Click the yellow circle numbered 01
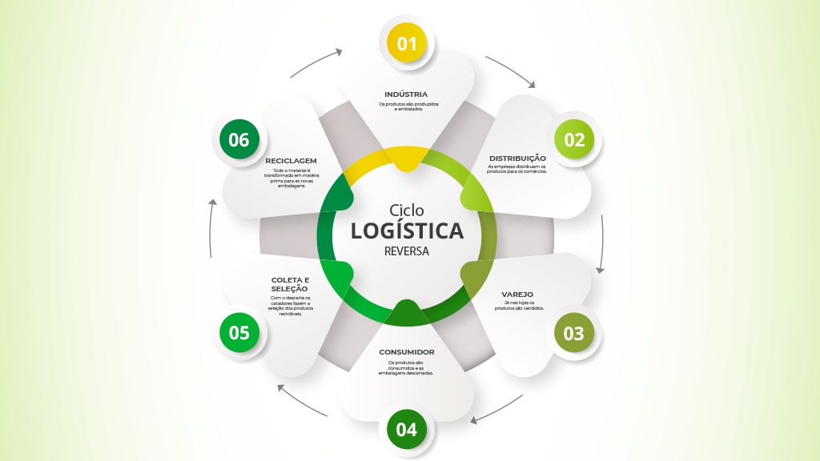pyautogui.click(x=407, y=43)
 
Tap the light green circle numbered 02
pyautogui.click(x=574, y=139)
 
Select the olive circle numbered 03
pyautogui.click(x=573, y=333)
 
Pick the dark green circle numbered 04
pyautogui.click(x=407, y=429)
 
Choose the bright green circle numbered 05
pyautogui.click(x=239, y=332)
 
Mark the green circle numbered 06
pyautogui.click(x=239, y=139)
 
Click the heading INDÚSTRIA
pyautogui.click(x=406, y=94)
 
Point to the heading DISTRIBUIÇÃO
pyautogui.click(x=517, y=158)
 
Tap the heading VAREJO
pyautogui.click(x=517, y=295)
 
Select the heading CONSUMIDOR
pyautogui.click(x=406, y=352)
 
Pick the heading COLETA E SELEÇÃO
pyautogui.click(x=290, y=284)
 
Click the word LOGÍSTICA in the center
pyautogui.click(x=407, y=230)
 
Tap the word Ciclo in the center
pyautogui.click(x=407, y=210)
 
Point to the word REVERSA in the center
pyautogui.click(x=407, y=251)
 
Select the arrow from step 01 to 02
pyautogui.click(x=511, y=70)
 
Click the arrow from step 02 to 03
pyautogui.click(x=601, y=244)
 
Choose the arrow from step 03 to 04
pyautogui.click(x=498, y=408)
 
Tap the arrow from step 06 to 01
pyautogui.click(x=315, y=63)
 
